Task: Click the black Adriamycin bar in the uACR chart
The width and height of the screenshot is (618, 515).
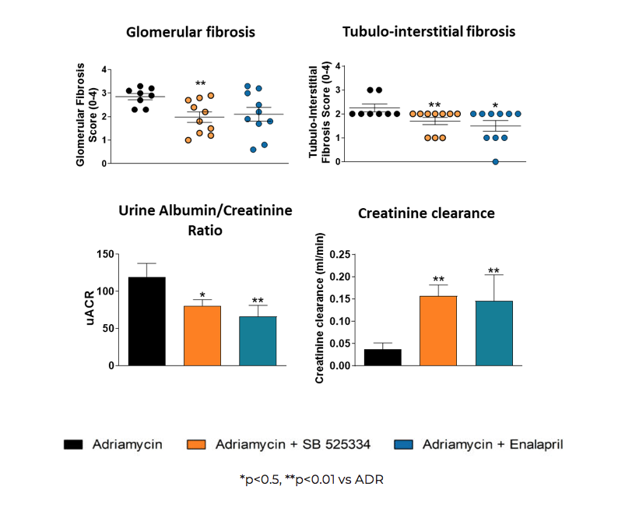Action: (x=147, y=321)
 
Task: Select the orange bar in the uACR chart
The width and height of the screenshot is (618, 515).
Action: (x=202, y=336)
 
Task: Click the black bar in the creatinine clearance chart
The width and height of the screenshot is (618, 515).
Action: (x=383, y=357)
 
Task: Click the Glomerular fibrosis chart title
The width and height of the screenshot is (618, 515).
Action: (x=191, y=32)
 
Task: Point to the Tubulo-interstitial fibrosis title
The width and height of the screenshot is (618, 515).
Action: (x=430, y=32)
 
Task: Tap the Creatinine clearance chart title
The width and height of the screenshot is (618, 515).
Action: (x=426, y=213)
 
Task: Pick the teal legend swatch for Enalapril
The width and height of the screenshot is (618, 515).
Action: (x=401, y=445)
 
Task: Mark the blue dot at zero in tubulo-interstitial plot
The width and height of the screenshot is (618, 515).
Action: (x=495, y=161)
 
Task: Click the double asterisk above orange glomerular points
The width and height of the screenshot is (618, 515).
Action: (x=200, y=84)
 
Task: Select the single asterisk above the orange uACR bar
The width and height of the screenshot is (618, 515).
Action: (x=202, y=295)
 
